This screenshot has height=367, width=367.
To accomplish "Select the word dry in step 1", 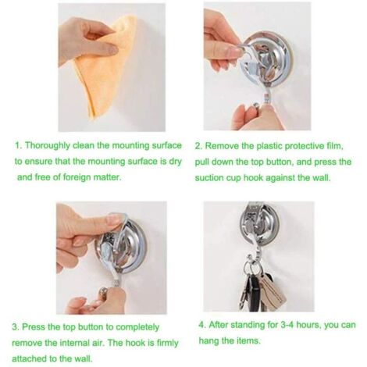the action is pos(175,162).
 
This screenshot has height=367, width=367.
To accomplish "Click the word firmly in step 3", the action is pos(167,343).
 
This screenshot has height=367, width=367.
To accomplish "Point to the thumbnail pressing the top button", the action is pos(114,220).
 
